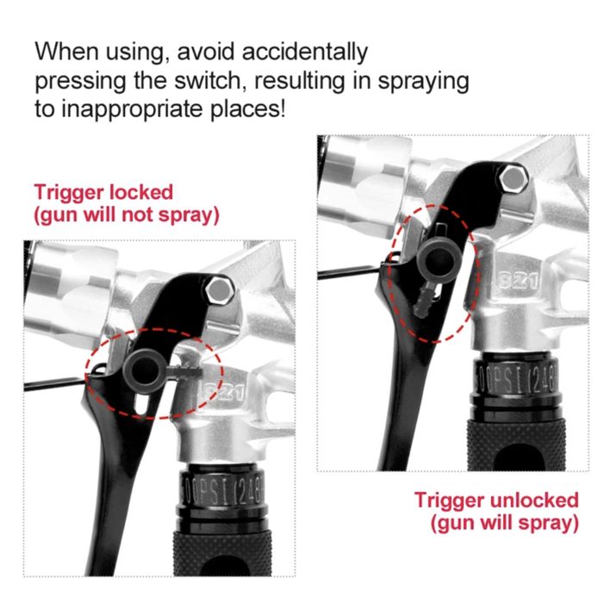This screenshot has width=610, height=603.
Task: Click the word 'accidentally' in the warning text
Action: coord(305,52)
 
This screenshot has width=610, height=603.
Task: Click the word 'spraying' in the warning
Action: coord(424,81)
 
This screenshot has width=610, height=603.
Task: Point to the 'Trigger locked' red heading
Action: coord(103,193)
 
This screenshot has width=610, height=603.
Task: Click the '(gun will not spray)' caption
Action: coord(127,215)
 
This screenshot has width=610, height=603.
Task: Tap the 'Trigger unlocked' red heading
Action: coord(496,500)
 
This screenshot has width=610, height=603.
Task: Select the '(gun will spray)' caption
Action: coord(505,523)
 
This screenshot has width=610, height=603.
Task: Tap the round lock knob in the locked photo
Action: coord(144,371)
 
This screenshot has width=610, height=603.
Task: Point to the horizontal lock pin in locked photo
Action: coord(184,372)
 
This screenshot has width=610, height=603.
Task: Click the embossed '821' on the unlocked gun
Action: coord(518,280)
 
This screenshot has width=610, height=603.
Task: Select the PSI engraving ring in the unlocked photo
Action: coord(516,379)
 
